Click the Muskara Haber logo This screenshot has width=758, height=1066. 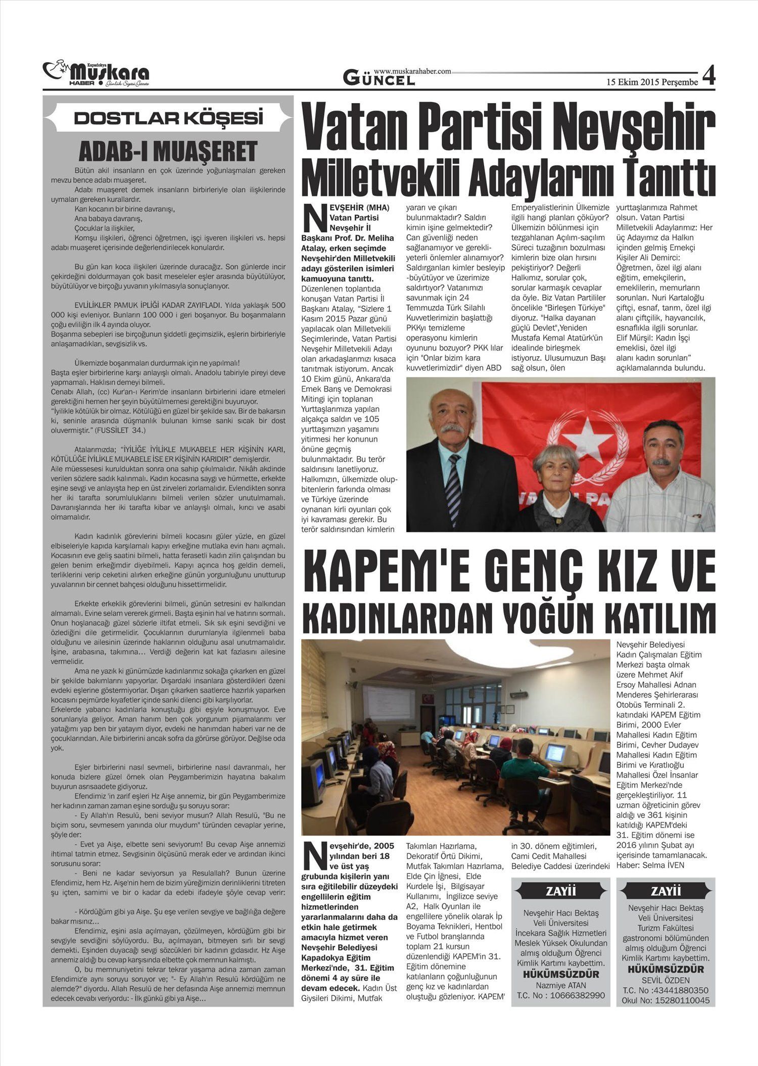96,75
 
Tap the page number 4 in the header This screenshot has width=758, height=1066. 708,76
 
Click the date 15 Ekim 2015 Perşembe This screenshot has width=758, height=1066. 652,82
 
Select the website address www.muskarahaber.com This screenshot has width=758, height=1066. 412,72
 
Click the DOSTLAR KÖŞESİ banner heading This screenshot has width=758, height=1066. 168,118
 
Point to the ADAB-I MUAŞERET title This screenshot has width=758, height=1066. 168,151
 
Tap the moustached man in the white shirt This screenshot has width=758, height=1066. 660,475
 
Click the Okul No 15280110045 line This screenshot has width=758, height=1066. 666,1000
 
